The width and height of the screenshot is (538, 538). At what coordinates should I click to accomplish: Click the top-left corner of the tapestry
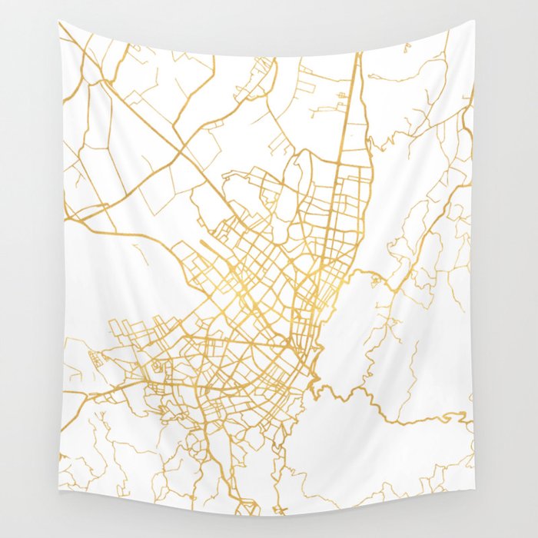[60, 22]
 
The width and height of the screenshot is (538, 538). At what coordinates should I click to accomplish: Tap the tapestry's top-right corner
[475, 22]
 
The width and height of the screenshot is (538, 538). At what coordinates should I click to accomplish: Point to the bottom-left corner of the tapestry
[61, 513]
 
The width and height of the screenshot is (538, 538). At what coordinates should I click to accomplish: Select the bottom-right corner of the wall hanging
[474, 513]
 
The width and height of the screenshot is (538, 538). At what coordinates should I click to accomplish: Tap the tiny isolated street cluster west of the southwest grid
[97, 357]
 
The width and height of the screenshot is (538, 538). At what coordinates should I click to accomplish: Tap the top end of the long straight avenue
[358, 55]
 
